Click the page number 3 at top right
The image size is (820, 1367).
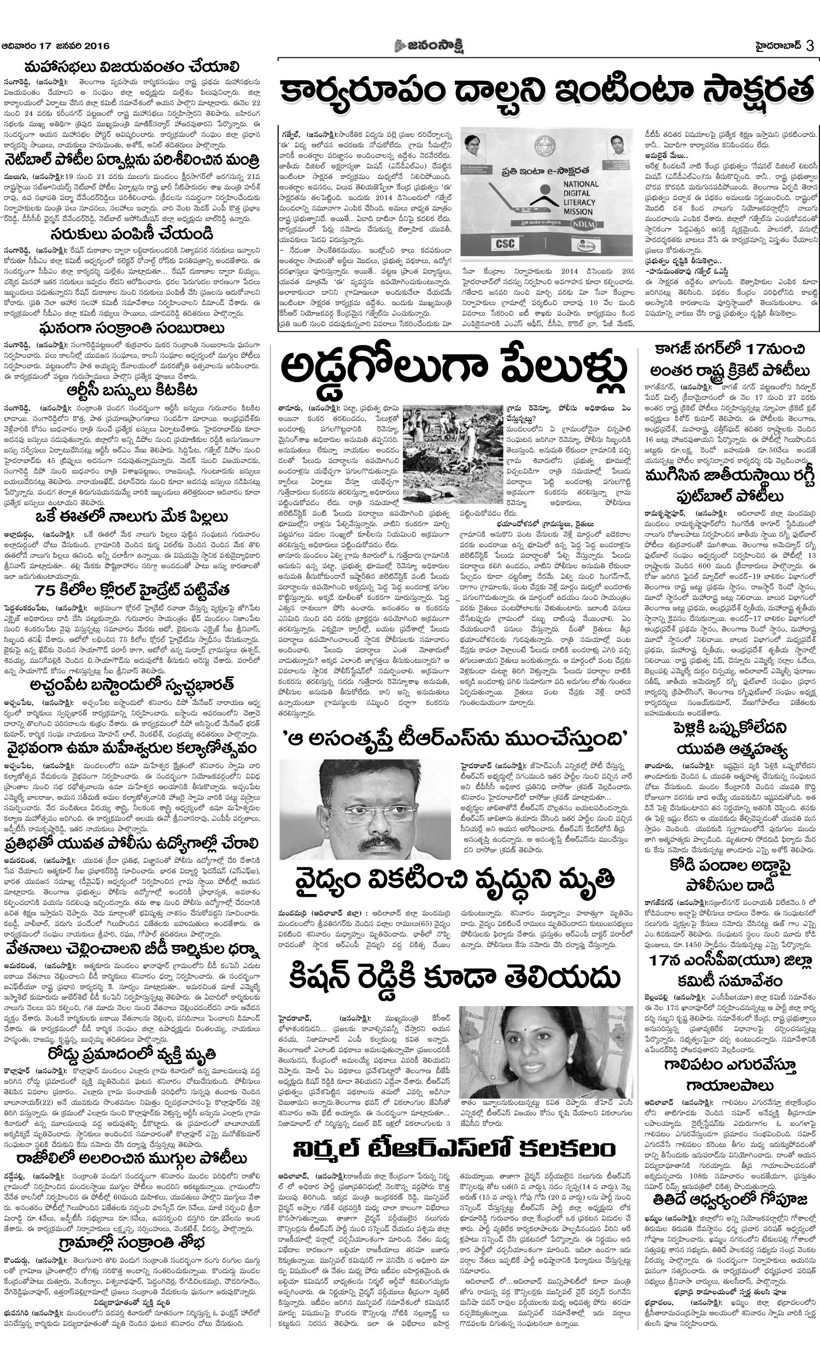click(x=810, y=46)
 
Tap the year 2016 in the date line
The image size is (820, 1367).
click(x=97, y=46)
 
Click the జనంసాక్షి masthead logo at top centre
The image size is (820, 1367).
click(x=429, y=46)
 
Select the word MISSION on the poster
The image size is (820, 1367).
click(x=578, y=212)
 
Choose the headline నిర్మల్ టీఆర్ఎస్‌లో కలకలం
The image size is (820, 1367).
click(x=454, y=1147)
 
